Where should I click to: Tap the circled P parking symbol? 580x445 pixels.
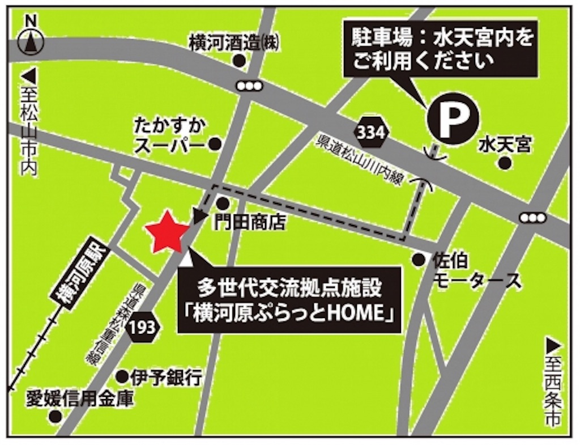tap(452, 118)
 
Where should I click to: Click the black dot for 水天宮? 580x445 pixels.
tap(504, 164)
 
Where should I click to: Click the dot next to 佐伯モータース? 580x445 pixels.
tap(418, 260)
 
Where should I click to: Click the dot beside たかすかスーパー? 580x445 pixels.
tap(215, 145)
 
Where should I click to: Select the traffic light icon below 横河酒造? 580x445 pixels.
tap(250, 85)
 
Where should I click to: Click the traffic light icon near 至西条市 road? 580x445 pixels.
tap(532, 218)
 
